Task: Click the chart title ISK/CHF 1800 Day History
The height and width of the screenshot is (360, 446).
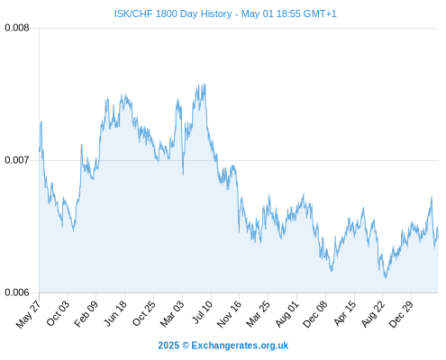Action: click(x=173, y=13)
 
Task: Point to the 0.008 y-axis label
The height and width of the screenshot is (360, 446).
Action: click(x=17, y=28)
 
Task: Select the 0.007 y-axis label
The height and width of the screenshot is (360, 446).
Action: click(x=17, y=160)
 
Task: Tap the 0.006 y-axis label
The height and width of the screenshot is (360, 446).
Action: click(x=17, y=292)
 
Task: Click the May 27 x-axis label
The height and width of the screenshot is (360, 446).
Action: click(x=28, y=314)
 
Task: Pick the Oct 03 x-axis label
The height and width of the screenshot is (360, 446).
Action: click(x=58, y=313)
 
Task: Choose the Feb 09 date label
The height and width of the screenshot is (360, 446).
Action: click(x=86, y=313)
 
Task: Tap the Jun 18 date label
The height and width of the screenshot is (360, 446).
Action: click(x=115, y=313)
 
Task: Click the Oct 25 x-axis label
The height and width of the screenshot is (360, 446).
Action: click(x=144, y=313)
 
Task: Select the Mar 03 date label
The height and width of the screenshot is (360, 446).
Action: click(x=172, y=313)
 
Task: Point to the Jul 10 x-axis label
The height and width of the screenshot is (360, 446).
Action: click(x=203, y=312)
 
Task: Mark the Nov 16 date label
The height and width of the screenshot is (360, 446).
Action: click(x=229, y=314)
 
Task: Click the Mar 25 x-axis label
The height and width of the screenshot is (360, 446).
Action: click(x=259, y=313)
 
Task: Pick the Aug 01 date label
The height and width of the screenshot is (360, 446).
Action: click(x=287, y=313)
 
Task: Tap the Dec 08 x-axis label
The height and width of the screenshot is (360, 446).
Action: click(x=315, y=314)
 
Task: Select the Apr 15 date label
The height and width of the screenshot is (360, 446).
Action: click(x=345, y=313)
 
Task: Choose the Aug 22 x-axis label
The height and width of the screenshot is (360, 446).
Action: click(x=373, y=313)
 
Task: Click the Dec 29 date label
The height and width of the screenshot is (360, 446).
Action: click(x=401, y=314)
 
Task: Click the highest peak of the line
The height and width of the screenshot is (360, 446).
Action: click(x=205, y=84)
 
